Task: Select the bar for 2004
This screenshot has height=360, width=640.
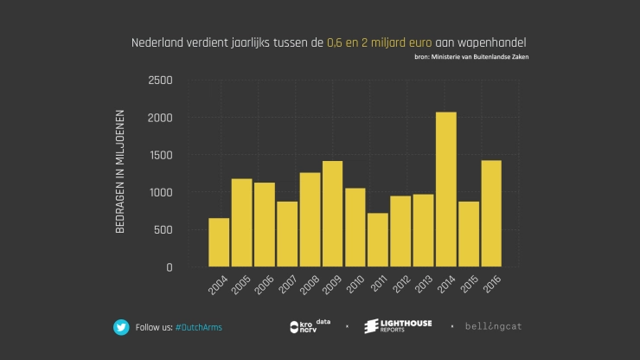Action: (x=220, y=242)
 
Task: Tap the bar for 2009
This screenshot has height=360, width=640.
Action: (x=332, y=214)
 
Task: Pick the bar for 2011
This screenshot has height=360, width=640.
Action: (x=377, y=240)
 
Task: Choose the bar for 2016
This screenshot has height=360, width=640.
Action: (x=490, y=214)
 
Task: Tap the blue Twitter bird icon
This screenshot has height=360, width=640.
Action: (x=121, y=327)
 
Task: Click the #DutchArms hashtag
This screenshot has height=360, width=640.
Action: (x=198, y=327)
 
